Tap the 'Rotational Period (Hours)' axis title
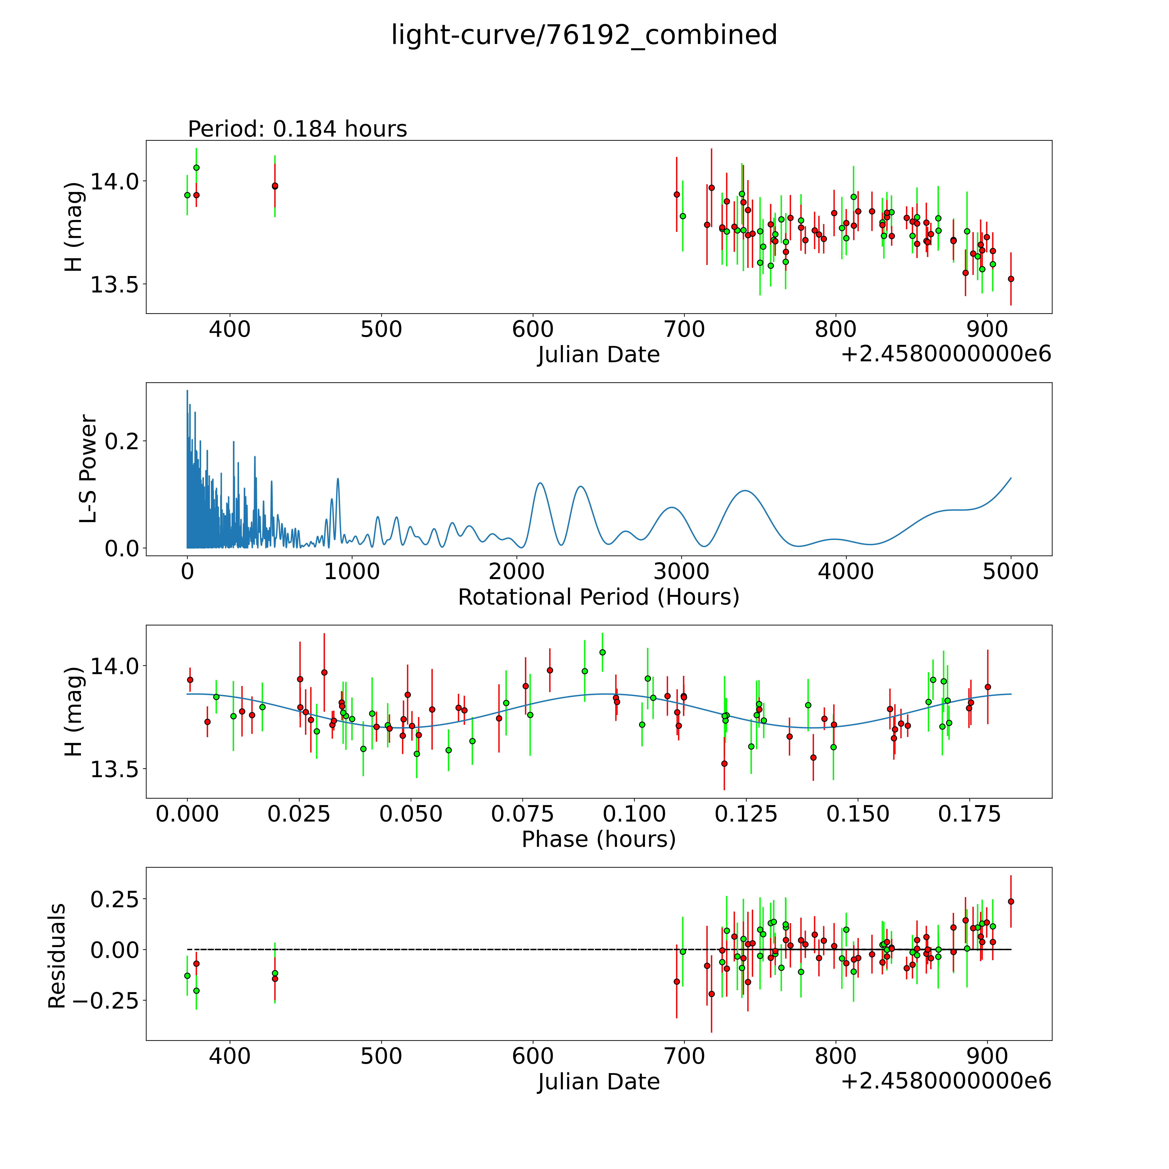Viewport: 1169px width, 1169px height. (598, 597)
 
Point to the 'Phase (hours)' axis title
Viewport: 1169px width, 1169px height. (598, 839)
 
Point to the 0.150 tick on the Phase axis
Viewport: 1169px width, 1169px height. (858, 814)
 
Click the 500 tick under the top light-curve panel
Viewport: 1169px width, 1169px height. (381, 330)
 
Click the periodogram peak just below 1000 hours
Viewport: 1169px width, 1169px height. (338, 479)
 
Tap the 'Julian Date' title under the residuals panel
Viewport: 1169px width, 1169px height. (598, 1082)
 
